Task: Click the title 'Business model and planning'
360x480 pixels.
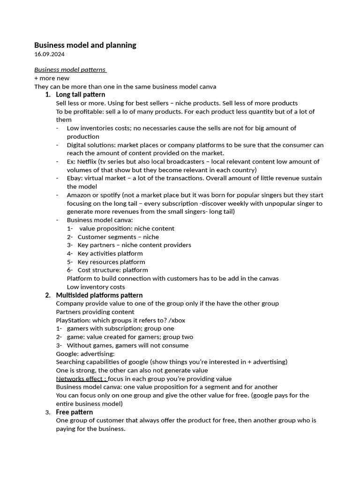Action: pos(85,45)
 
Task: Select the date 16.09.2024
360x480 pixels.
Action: pos(49,54)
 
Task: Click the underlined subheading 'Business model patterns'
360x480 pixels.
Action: pos(70,69)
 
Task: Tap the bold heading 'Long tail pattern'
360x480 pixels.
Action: pos(80,95)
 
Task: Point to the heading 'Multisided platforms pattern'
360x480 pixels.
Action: pos(99,295)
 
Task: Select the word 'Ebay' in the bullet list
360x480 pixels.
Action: pos(74,178)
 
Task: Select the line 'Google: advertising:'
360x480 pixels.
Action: pos(85,354)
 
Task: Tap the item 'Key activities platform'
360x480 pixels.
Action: pos(110,254)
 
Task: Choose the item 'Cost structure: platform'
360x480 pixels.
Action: pos(112,270)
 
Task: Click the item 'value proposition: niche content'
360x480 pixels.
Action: pos(127,229)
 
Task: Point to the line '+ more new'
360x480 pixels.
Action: pos(52,78)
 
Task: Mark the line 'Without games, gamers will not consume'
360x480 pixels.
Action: pos(127,345)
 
